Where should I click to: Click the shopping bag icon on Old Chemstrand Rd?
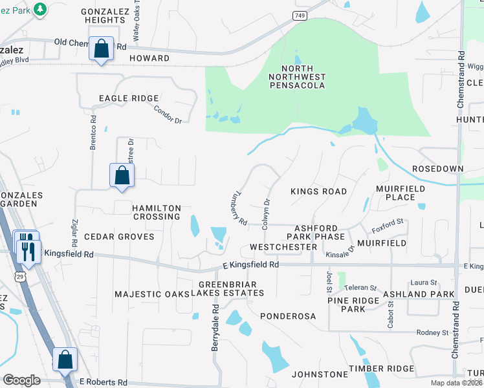pyautogui.click(x=102, y=48)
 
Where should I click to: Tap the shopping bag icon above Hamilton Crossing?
pyautogui.click(x=122, y=175)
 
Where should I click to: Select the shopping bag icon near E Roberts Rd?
pyautogui.click(x=65, y=360)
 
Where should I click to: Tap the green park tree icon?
pyautogui.click(x=39, y=8)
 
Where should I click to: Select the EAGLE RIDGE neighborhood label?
pyautogui.click(x=128, y=98)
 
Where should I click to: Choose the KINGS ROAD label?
pyautogui.click(x=318, y=191)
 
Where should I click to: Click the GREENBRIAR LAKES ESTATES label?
pyautogui.click(x=231, y=288)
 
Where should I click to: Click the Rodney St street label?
pyautogui.click(x=432, y=332)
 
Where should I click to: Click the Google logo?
pyautogui.click(x=21, y=380)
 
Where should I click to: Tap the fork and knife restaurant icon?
pyautogui.click(x=28, y=248)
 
